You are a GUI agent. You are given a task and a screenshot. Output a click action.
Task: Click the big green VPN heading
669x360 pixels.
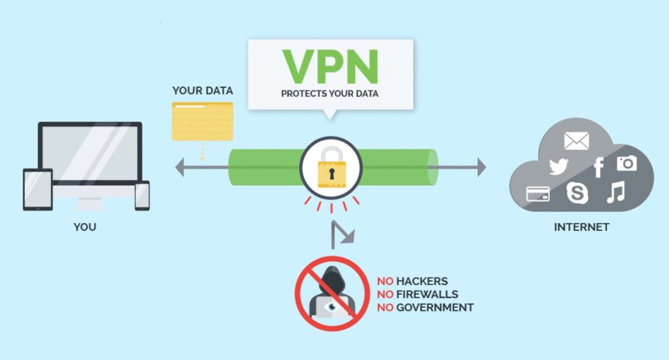coord(331,66)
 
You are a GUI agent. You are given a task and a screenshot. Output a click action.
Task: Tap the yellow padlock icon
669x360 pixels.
coord(331,168)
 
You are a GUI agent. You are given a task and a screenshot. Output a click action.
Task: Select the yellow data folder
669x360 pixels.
coord(203,121)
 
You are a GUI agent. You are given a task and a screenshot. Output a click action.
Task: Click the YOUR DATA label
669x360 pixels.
coord(203,90)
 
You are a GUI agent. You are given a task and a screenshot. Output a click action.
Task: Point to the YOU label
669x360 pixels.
coord(85,227)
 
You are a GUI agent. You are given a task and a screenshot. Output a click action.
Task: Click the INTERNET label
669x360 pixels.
coord(582,227)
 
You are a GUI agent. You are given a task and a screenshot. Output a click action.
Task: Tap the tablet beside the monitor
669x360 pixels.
coord(38,190)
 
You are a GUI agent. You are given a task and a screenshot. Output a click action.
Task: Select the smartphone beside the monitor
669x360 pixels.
coord(142,196)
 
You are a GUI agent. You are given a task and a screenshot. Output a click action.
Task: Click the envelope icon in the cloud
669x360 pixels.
coord(577,141)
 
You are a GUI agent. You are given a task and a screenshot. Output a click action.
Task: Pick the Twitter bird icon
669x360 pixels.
coord(559,166)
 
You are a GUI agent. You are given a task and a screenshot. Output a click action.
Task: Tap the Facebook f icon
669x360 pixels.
coord(598,167)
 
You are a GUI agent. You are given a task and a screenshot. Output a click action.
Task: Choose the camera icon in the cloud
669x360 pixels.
coord(627,164)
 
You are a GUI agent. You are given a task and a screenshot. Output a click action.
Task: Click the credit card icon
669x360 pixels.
coord(538,194)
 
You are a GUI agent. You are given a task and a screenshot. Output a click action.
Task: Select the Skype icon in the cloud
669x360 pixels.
coord(577,192)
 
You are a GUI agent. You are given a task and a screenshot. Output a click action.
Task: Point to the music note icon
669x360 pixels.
coord(616,191)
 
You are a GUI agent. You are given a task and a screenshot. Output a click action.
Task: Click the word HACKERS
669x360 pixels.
coord(422,281)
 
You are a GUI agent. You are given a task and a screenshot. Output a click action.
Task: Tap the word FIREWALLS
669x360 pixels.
coord(427,294)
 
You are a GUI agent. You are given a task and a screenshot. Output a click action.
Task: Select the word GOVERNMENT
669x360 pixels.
coord(435,307)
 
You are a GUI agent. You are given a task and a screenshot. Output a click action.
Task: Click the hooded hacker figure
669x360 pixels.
coord(332,292)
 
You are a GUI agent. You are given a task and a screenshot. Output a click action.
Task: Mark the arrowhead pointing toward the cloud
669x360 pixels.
coord(482,167)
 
